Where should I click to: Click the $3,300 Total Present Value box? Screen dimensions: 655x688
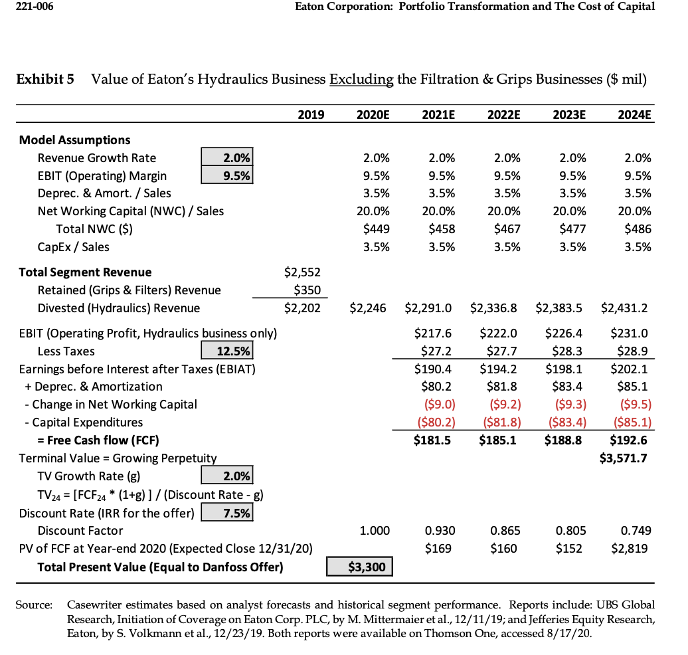pos(359,567)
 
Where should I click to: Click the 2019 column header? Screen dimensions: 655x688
pos(310,114)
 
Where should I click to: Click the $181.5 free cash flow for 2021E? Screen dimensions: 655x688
pos(433,440)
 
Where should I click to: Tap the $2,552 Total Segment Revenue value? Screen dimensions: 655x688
pos(303,272)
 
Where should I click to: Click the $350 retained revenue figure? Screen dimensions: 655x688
pos(307,290)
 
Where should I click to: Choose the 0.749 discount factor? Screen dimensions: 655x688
pos(637,531)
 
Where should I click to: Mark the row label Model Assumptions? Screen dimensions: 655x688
pos(74,140)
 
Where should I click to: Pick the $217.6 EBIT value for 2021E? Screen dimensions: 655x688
pos(433,333)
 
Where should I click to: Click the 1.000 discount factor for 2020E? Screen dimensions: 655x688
pos(375,531)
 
